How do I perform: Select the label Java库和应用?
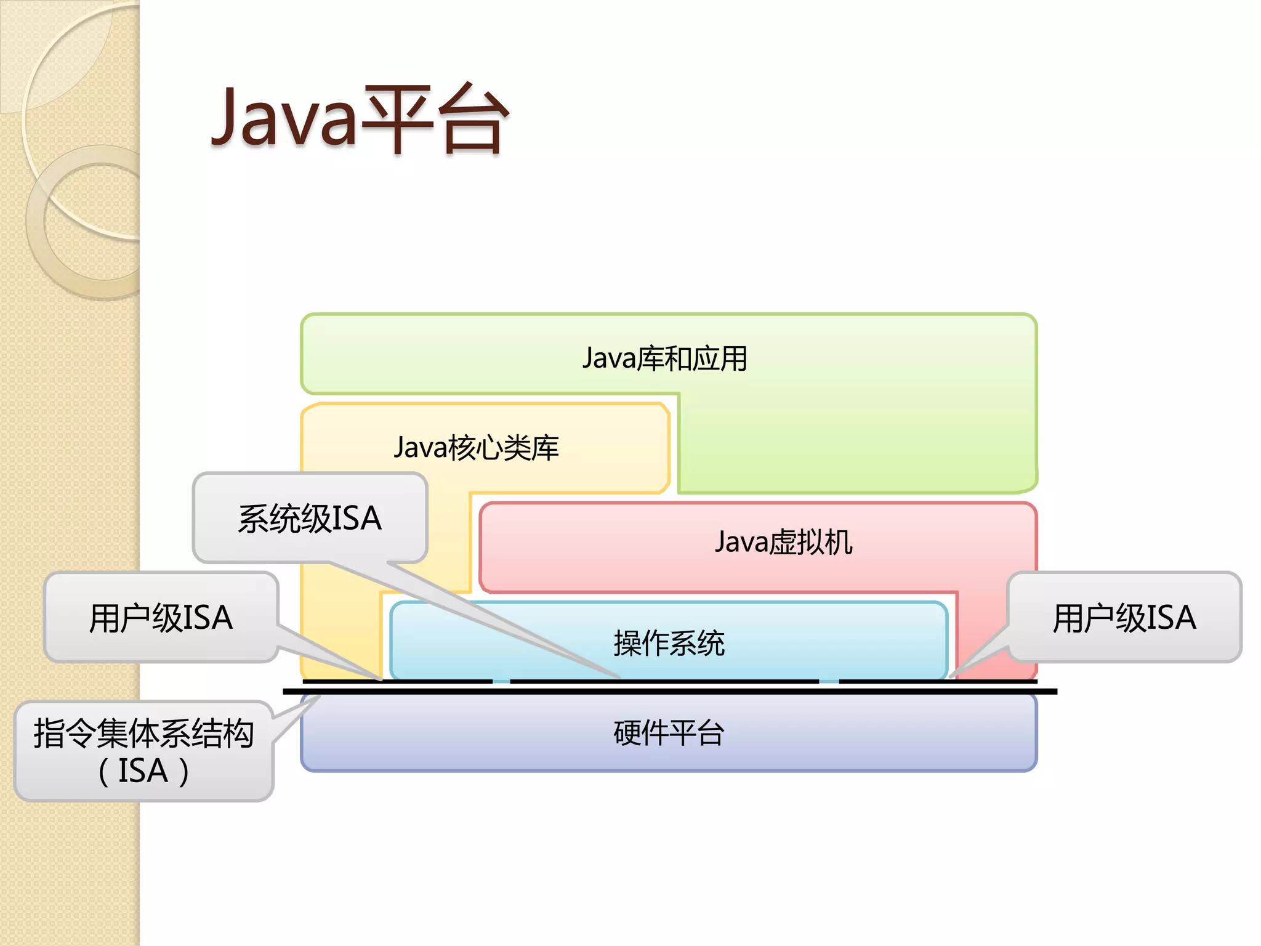click(664, 358)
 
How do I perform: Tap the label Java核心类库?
click(476, 448)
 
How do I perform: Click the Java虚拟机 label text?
click(783, 543)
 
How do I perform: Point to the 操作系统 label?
click(669, 644)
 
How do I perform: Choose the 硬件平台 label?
click(669, 733)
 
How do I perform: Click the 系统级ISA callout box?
click(310, 518)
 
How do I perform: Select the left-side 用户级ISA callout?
click(161, 618)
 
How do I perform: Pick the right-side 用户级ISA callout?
click(1124, 618)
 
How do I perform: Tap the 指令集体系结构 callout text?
click(143, 734)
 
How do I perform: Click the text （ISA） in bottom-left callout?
click(143, 771)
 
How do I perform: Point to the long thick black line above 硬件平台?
click(669, 692)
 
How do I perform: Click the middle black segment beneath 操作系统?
click(664, 681)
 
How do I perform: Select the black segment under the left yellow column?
click(397, 681)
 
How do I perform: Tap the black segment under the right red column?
click(938, 681)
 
